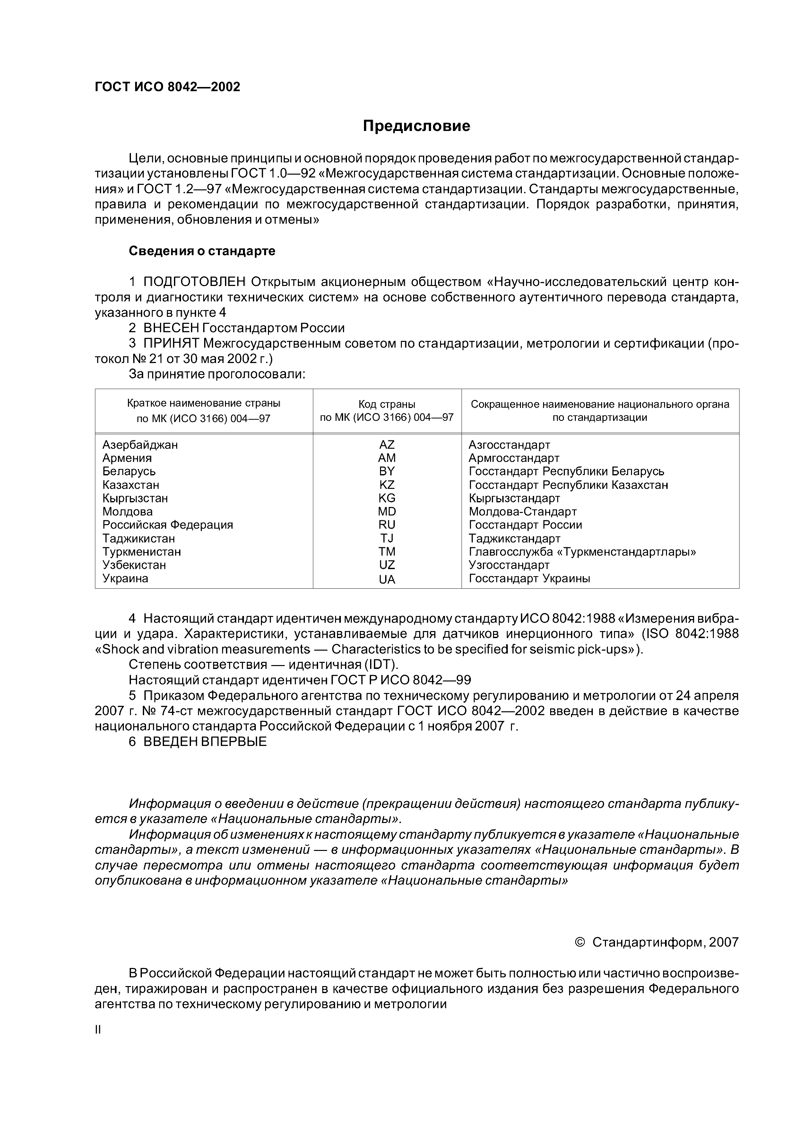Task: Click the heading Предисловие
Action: (x=416, y=126)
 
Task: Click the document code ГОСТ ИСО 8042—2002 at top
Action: (x=167, y=87)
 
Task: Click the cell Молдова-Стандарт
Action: (x=522, y=512)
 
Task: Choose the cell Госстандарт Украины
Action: (x=529, y=578)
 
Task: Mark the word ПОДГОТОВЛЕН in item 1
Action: (x=194, y=282)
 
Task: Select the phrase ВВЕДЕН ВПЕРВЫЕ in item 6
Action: (x=205, y=741)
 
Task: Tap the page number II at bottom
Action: (x=98, y=1030)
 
